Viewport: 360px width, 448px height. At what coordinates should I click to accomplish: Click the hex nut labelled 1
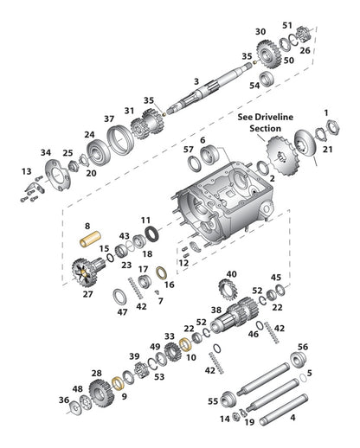coord(333,127)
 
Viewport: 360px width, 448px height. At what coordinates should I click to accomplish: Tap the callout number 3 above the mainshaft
coord(196,81)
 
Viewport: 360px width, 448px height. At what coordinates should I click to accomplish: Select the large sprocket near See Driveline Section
coord(280,156)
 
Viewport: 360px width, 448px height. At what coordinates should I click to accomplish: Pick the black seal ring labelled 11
coord(151,234)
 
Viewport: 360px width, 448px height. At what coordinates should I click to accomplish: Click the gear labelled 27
coord(86,272)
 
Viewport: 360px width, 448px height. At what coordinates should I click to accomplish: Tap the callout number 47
coord(122,312)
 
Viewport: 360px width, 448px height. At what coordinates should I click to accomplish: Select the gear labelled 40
coord(227,290)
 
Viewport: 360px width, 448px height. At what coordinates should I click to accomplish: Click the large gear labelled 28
coord(100,393)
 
